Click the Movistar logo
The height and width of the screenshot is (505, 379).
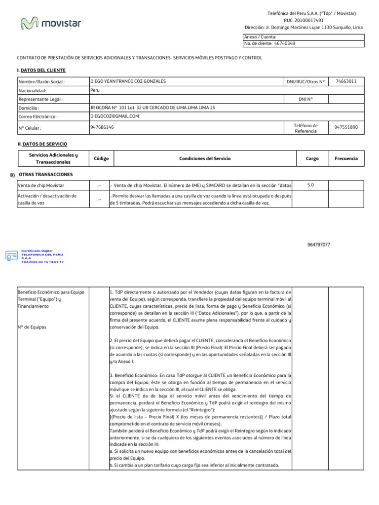pyautogui.click(x=51, y=23)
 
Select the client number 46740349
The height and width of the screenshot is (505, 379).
pyautogui.click(x=285, y=43)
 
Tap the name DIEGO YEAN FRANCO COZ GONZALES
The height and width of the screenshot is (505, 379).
pyautogui.click(x=128, y=81)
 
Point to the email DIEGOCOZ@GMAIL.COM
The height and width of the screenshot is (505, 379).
pyautogui.click(x=114, y=116)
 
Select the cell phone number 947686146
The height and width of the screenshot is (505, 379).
pyautogui.click(x=102, y=127)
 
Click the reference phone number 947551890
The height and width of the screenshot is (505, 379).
pyautogui.click(x=346, y=127)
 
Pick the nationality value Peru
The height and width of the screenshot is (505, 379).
pyautogui.click(x=95, y=90)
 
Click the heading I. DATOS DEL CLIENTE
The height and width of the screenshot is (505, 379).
pyautogui.click(x=41, y=71)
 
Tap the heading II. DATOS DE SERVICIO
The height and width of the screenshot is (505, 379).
pyautogui.click(x=42, y=144)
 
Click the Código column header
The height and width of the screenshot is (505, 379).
pyautogui.click(x=101, y=159)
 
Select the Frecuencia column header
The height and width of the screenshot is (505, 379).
pyautogui.click(x=346, y=159)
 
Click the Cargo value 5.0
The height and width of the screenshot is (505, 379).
pyautogui.click(x=310, y=185)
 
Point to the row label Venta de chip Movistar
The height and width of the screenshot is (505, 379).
pyautogui.click(x=41, y=185)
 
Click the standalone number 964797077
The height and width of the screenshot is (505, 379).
pyautogui.click(x=318, y=245)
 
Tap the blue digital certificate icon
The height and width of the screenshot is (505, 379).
pyautogui.click(x=11, y=256)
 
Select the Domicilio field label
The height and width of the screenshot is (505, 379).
pyautogui.click(x=29, y=108)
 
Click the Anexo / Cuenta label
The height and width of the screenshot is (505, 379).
pyautogui.click(x=260, y=37)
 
